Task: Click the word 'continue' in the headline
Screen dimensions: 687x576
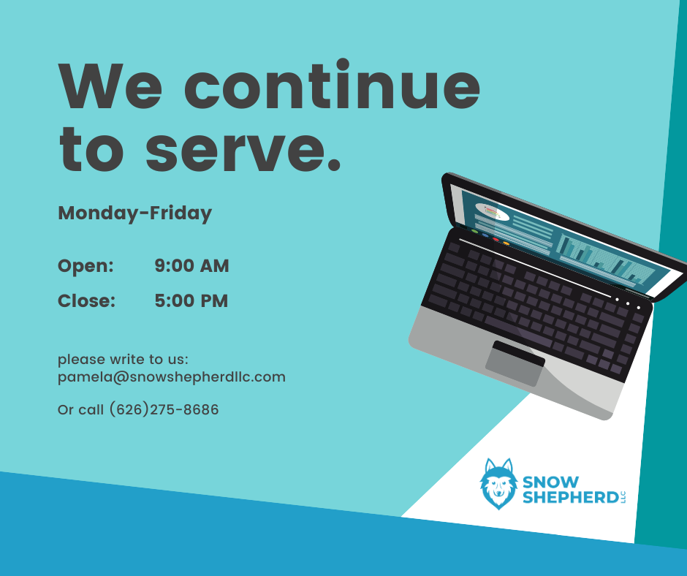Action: [332, 85]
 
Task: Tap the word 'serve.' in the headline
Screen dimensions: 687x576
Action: [243, 149]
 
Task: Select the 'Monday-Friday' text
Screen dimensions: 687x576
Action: [135, 213]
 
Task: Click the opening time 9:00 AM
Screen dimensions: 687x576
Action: [191, 265]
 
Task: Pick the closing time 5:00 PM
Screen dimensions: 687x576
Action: [191, 300]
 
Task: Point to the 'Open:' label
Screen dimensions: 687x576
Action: [86, 266]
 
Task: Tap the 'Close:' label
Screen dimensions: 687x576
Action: [87, 300]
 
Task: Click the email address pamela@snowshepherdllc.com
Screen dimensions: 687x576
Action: [172, 377]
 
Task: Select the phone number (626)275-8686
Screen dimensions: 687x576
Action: [164, 409]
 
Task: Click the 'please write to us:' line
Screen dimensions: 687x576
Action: [123, 360]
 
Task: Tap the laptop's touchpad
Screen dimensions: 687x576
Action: [515, 363]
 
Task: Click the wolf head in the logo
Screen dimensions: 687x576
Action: [498, 484]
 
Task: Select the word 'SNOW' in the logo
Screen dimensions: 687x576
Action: [551, 482]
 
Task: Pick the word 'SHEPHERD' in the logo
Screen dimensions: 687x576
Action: [571, 498]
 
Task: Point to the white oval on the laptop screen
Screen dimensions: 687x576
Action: [492, 212]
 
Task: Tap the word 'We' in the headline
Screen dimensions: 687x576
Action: [110, 86]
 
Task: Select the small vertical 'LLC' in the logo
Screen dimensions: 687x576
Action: [623, 498]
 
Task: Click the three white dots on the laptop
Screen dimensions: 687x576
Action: [628, 303]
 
